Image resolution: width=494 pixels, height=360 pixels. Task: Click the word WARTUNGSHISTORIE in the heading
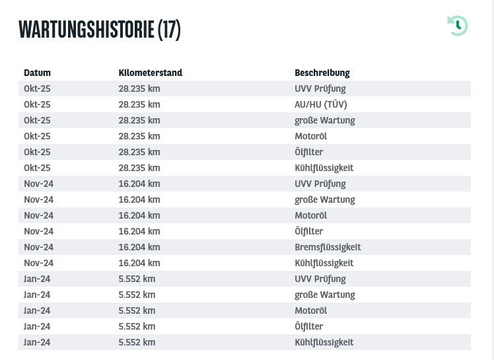[86, 29]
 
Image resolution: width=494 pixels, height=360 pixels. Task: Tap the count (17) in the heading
[168, 29]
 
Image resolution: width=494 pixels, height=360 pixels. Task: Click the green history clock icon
[457, 26]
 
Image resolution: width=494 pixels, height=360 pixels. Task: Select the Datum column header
[37, 73]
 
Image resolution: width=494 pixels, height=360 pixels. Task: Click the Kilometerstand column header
[150, 73]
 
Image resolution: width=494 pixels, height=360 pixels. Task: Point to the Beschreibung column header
[322, 73]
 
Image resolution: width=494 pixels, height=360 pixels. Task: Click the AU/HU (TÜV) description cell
[320, 104]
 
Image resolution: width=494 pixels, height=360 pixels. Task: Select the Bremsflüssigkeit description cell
[328, 247]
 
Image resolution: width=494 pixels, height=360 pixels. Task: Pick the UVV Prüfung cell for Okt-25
[320, 89]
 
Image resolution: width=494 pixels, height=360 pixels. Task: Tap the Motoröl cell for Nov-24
[310, 215]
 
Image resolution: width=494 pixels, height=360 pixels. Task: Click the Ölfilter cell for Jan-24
[308, 326]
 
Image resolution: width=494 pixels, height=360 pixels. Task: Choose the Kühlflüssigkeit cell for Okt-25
[324, 168]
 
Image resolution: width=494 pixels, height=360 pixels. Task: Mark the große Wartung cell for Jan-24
[324, 295]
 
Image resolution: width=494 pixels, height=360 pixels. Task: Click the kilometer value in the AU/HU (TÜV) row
[139, 104]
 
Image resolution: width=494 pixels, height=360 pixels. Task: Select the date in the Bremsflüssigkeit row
[38, 247]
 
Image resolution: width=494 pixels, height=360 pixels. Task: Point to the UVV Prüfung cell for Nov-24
[320, 184]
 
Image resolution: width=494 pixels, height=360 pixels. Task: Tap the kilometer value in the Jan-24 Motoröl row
[137, 310]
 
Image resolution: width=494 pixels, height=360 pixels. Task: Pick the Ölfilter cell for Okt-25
[308, 152]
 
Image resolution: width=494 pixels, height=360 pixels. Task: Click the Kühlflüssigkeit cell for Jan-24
[324, 342]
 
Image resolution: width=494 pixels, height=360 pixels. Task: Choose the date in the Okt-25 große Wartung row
[37, 120]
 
